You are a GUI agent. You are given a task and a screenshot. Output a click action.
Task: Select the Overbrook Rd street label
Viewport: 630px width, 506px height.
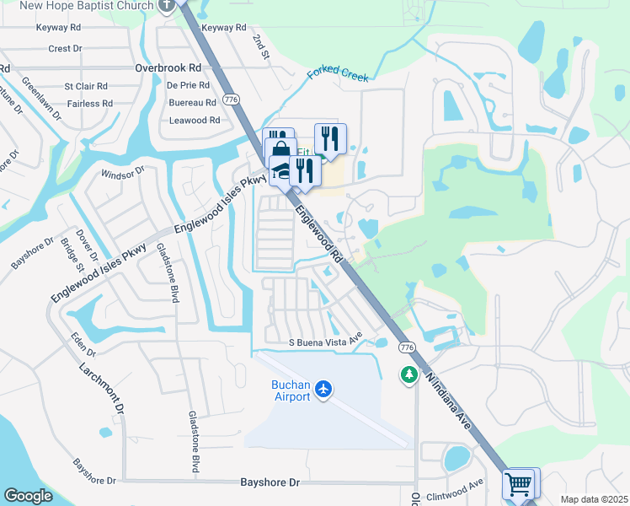point(168,67)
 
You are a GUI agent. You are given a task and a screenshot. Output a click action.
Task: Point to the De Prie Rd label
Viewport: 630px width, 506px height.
point(187,85)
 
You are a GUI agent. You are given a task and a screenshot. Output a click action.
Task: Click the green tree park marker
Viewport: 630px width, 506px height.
point(409,374)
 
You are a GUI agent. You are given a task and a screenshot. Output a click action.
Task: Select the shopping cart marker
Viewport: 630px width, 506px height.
point(519,484)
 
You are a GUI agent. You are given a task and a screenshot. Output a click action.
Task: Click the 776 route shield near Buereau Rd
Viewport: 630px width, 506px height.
point(230,100)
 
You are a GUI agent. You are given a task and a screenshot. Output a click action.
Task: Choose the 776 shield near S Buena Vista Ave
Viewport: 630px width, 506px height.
point(407,348)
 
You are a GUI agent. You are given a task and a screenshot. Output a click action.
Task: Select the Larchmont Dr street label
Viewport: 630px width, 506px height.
point(103,388)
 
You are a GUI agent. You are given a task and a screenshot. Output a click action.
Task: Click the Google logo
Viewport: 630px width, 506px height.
point(29,496)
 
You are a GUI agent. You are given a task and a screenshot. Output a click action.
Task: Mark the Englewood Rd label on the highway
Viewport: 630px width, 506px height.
point(321,229)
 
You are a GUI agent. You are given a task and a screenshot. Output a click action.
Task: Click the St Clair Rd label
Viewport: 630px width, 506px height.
point(87,86)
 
